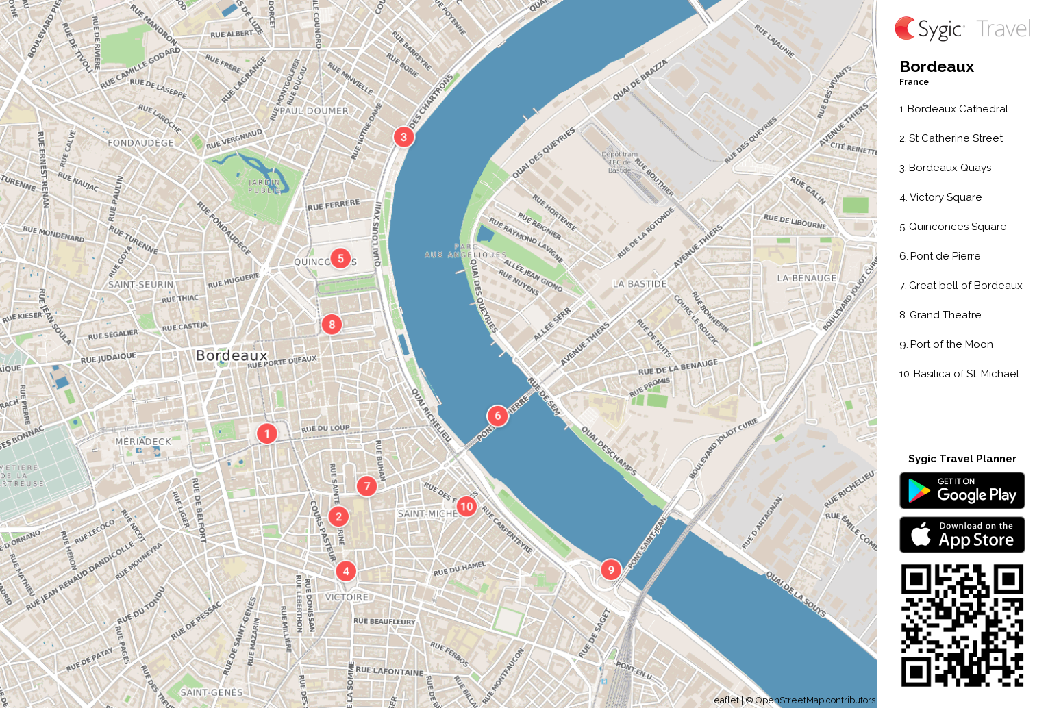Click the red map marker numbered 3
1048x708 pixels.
click(x=403, y=137)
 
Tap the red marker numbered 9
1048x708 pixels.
click(x=611, y=570)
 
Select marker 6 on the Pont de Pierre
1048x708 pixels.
click(x=498, y=416)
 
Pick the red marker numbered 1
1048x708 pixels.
click(x=267, y=433)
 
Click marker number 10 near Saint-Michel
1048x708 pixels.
click(x=466, y=507)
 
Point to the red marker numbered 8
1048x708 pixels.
click(x=332, y=325)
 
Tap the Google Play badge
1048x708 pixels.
click(x=962, y=491)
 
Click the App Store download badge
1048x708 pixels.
click(x=962, y=535)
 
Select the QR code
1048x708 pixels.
click(x=962, y=625)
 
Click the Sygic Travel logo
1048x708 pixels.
click(x=962, y=29)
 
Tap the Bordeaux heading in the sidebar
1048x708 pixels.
click(x=936, y=67)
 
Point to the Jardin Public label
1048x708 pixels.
click(x=264, y=186)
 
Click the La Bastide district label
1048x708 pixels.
click(x=640, y=284)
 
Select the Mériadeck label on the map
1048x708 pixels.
click(x=143, y=442)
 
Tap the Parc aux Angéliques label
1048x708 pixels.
click(x=465, y=251)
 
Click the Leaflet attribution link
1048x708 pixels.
click(x=723, y=700)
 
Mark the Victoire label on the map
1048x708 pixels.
click(x=347, y=597)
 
